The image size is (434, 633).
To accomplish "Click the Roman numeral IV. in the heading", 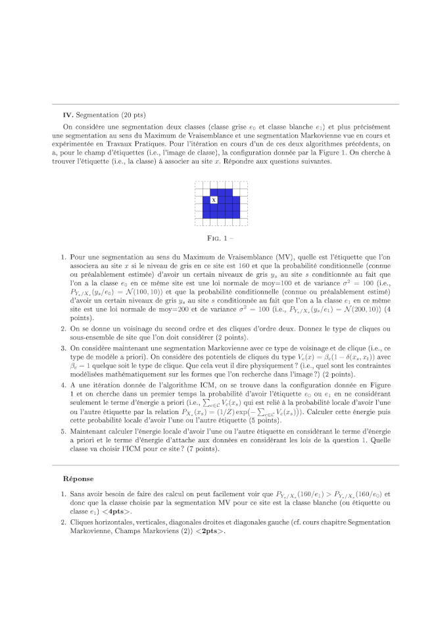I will coord(67,115).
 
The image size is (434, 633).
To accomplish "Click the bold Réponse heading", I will coord(78,479).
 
